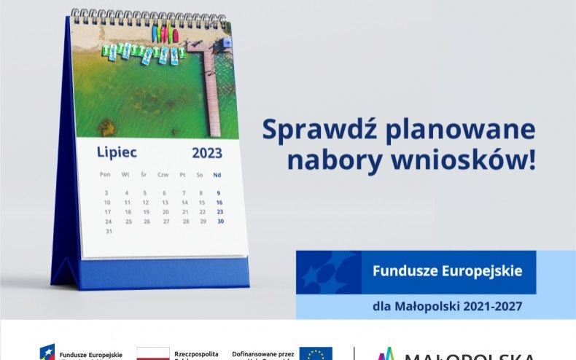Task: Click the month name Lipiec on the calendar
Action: pos(117,152)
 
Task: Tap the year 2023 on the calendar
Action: pos(207,153)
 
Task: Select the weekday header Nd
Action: pos(217,175)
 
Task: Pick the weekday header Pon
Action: pos(105,174)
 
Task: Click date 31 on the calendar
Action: pos(109,231)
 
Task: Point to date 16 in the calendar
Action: pos(219,203)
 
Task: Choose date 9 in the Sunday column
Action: pos(219,193)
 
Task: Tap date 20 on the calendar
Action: pos(165,212)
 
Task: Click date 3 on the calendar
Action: pos(106,193)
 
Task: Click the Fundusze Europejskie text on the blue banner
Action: pos(447,271)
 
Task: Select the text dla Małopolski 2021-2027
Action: pos(447,306)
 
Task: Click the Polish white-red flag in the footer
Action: pos(152,354)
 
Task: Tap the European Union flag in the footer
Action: pos(315,353)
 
